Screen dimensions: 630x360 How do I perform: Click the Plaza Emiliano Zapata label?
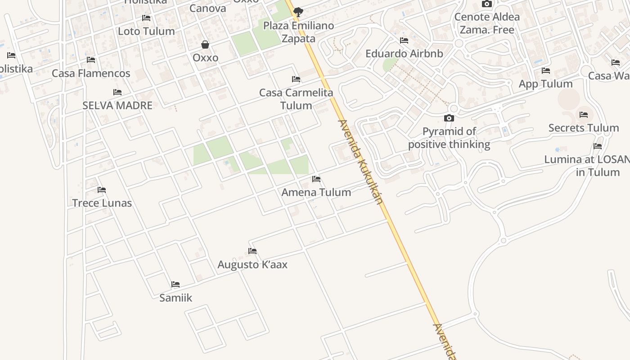298,32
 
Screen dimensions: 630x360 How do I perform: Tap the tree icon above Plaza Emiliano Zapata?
298,12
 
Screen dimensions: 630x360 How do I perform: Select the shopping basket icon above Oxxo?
205,45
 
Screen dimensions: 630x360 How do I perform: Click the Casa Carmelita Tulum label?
296,99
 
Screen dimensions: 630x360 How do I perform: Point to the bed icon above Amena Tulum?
316,179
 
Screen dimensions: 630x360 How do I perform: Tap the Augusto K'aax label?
252,265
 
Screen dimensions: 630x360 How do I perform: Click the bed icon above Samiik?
175,284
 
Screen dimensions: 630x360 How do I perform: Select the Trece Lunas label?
102,203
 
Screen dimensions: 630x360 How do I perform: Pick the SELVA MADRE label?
117,105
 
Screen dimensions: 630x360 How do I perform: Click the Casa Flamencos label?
91,73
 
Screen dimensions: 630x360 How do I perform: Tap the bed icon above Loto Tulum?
146,18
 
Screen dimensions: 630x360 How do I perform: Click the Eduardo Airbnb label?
404,54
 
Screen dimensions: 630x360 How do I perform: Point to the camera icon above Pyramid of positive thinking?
449,118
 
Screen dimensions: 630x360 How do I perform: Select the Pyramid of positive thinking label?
449,138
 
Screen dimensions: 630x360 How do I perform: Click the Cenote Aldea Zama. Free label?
487,23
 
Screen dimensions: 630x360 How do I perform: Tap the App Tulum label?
546,84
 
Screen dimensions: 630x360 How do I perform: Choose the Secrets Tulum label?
584,128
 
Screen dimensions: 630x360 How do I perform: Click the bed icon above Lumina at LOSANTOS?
598,146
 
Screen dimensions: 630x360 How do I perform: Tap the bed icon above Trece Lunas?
102,190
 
